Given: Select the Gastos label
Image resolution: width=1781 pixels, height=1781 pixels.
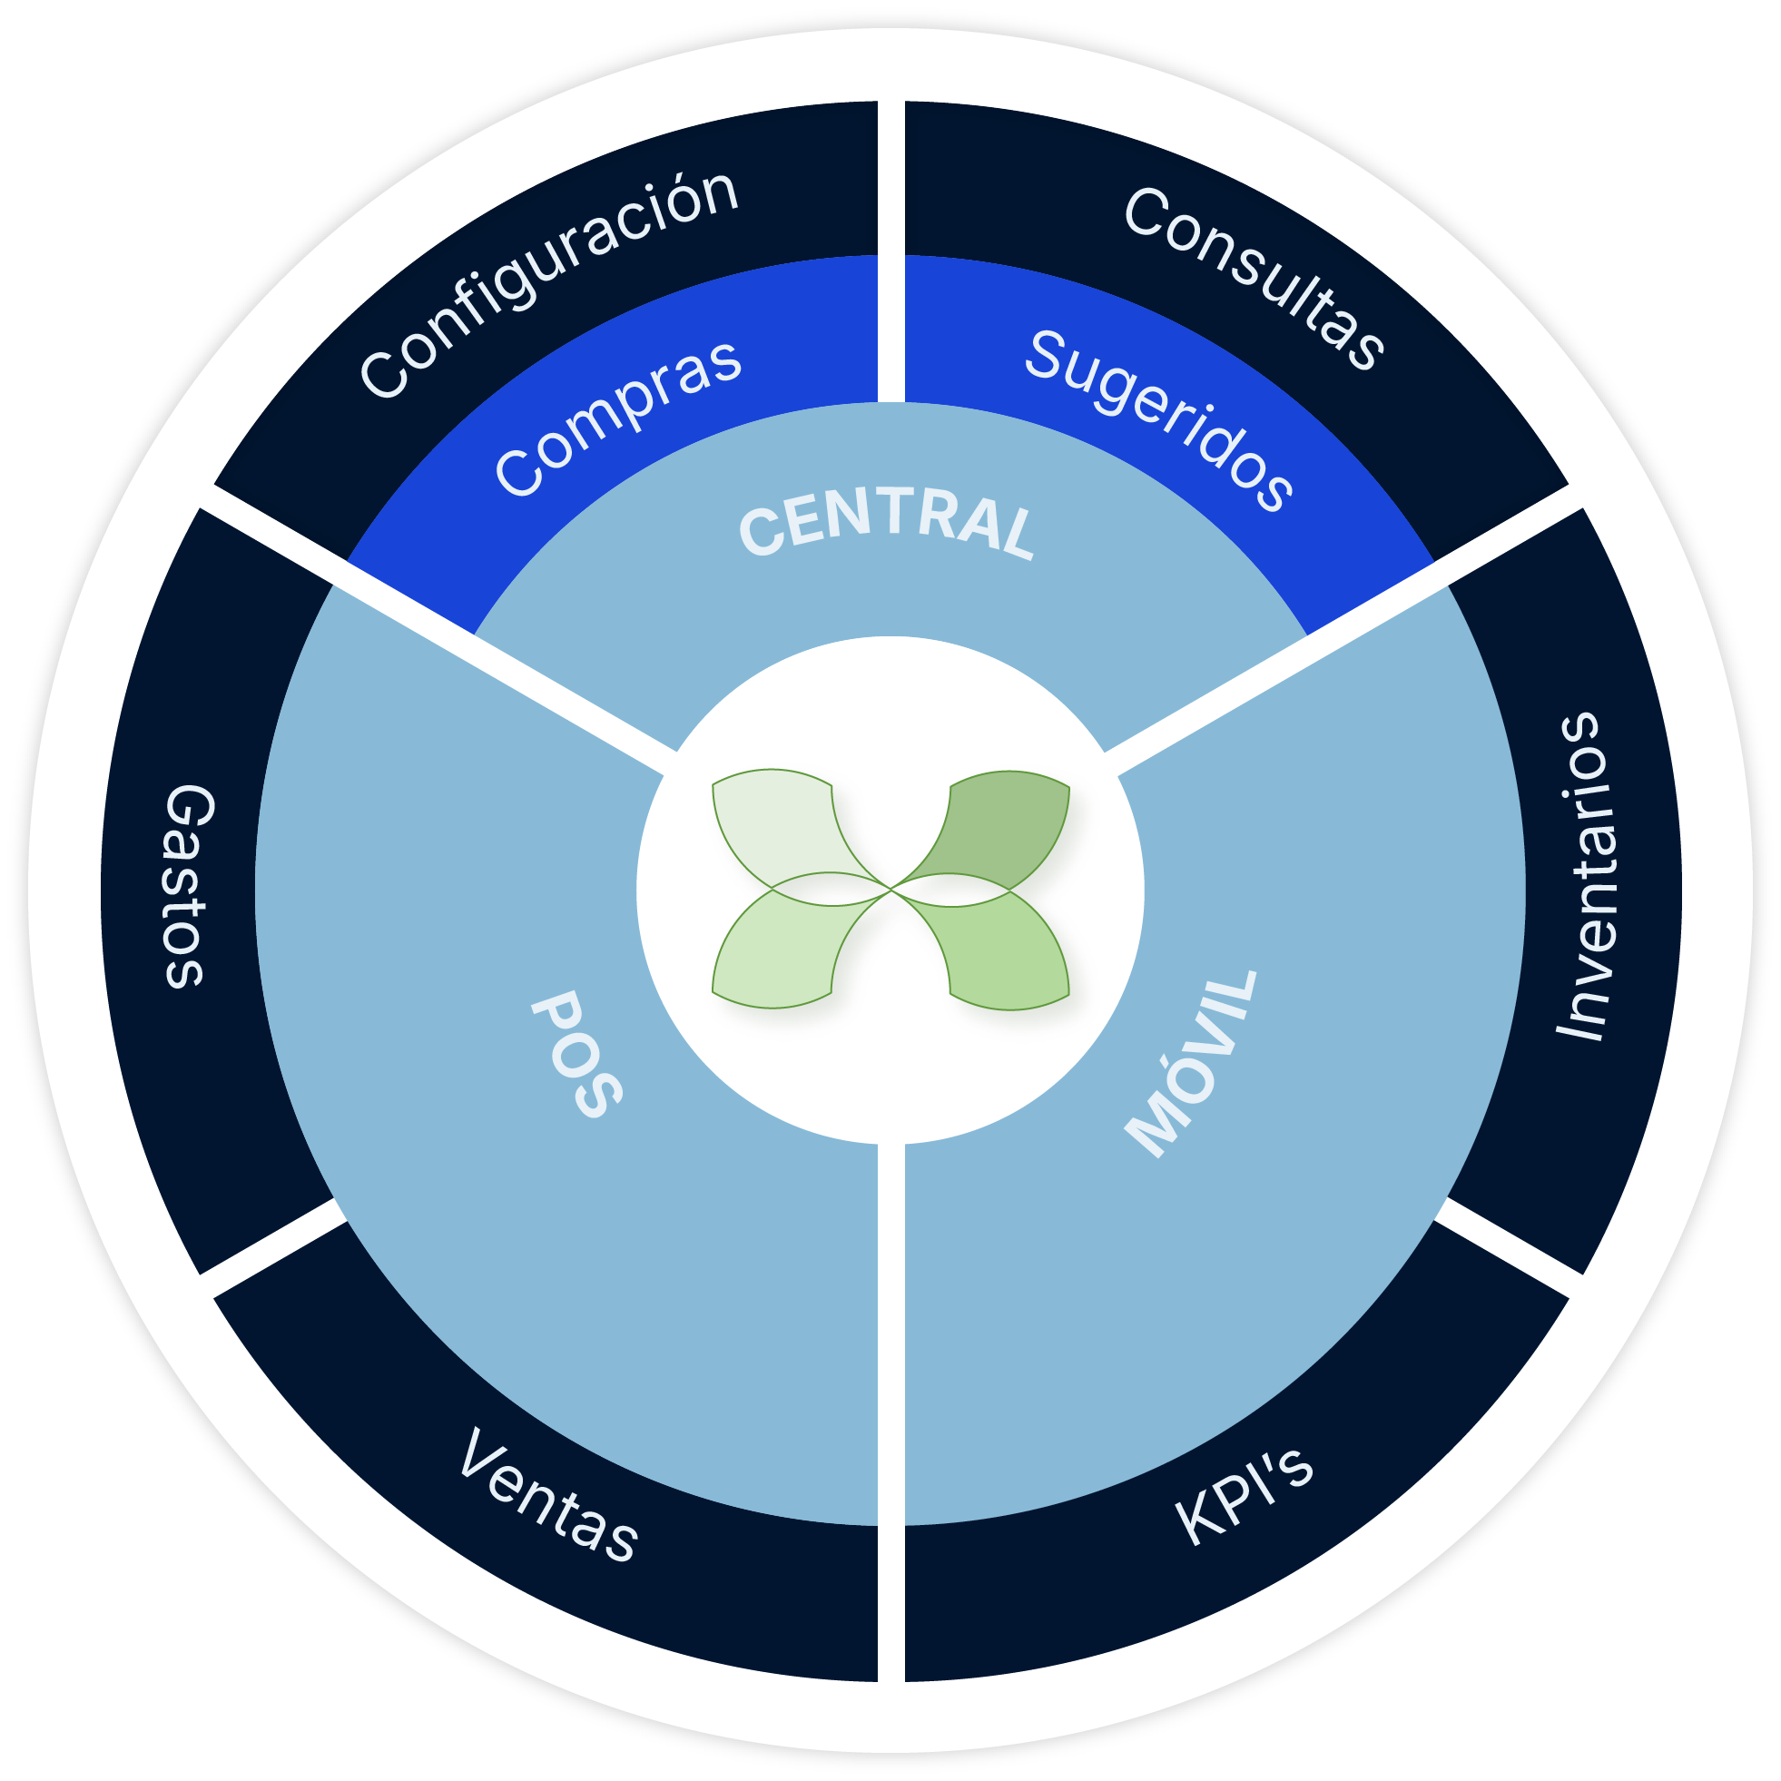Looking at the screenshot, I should pos(189,887).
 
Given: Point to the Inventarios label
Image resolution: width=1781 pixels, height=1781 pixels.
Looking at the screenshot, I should pos(1584,876).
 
